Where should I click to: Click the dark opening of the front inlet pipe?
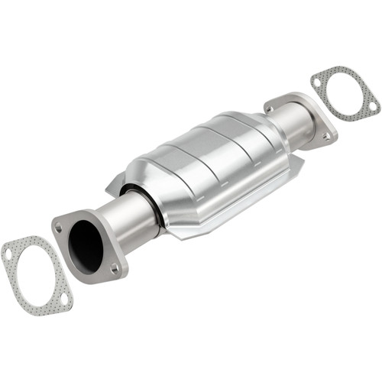point(85,247)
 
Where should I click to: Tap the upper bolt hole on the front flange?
point(58,226)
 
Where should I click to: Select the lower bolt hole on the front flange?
point(114,268)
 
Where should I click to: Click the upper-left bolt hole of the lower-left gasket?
point(8,253)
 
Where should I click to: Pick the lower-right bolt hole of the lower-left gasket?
point(64,298)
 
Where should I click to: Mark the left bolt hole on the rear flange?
point(270,109)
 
